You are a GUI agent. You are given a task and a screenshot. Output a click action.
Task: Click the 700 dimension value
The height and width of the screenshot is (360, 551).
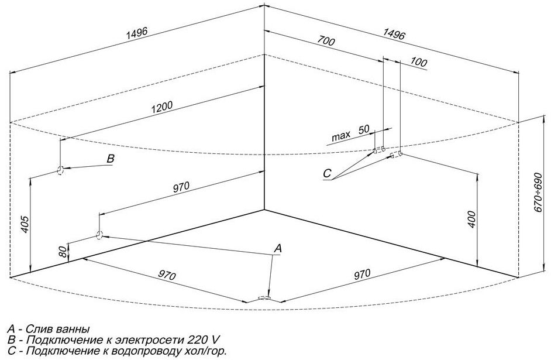[x=326, y=42]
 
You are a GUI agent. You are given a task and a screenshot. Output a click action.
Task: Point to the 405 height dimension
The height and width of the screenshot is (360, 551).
[x=25, y=224]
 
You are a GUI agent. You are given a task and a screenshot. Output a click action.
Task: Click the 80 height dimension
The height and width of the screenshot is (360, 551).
[x=63, y=252]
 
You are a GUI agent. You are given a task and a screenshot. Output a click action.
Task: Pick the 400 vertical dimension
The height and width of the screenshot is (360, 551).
[x=471, y=220]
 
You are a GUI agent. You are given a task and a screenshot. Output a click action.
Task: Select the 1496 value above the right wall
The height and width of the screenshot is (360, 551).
[x=394, y=34]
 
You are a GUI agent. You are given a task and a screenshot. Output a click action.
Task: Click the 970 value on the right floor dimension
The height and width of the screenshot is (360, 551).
[x=362, y=273]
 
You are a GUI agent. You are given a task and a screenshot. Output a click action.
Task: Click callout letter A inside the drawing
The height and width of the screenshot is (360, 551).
[x=278, y=248]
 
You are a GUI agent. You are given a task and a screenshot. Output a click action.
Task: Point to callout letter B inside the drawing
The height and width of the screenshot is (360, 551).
[x=111, y=159]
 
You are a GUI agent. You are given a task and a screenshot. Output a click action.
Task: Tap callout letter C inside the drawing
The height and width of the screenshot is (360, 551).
[x=327, y=173]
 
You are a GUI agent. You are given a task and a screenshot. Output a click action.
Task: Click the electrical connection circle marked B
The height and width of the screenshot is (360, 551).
[x=60, y=170]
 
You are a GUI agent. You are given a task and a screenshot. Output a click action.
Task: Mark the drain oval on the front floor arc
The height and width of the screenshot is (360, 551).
[x=264, y=298]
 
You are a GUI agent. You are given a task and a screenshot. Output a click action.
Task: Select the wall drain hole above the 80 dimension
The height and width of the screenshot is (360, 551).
[x=99, y=235]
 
